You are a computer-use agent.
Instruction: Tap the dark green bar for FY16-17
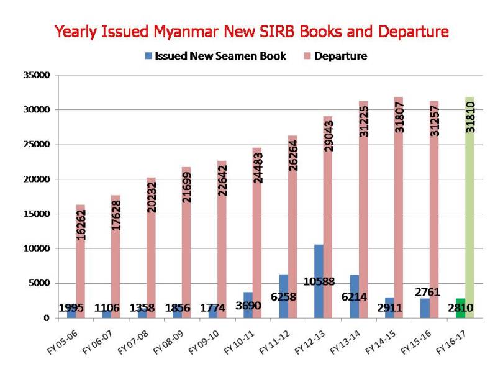[460, 309]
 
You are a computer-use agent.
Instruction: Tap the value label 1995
[72, 307]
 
